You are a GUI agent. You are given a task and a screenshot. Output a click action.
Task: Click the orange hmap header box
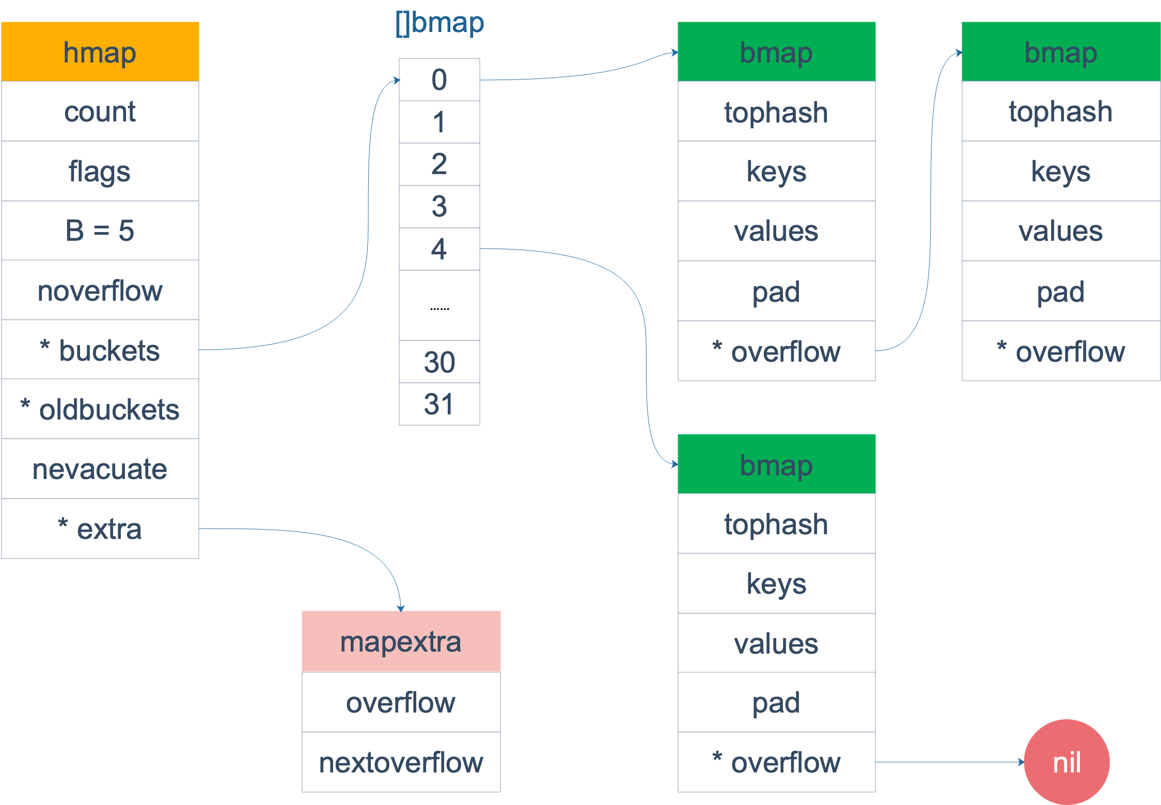pyautogui.click(x=100, y=52)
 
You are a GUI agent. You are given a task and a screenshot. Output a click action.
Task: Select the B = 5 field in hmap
pyautogui.click(x=100, y=230)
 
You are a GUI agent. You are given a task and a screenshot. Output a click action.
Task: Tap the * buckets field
pyautogui.click(x=100, y=350)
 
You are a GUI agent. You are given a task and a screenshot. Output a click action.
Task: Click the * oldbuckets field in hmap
pyautogui.click(x=100, y=409)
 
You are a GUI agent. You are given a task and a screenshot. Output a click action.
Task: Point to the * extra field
pyautogui.click(x=100, y=529)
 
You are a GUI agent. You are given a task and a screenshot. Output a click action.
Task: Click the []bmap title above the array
pyautogui.click(x=440, y=23)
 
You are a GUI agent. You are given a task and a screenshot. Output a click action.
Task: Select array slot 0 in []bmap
pyautogui.click(x=440, y=80)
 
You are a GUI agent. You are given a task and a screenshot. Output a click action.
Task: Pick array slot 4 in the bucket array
pyautogui.click(x=440, y=249)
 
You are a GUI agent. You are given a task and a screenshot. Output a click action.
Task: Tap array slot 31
pyautogui.click(x=440, y=404)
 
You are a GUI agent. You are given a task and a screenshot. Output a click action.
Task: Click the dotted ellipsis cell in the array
pyautogui.click(x=440, y=306)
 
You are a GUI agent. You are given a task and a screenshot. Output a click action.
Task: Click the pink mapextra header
pyautogui.click(x=401, y=641)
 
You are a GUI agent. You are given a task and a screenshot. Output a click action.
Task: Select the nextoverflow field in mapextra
pyautogui.click(x=401, y=762)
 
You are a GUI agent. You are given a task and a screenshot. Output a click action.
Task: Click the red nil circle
pyautogui.click(x=1067, y=762)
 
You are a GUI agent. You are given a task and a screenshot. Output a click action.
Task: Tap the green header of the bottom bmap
pyautogui.click(x=776, y=464)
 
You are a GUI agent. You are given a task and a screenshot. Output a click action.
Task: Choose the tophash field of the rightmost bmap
pyautogui.click(x=1061, y=111)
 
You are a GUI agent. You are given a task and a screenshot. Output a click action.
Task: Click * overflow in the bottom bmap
pyautogui.click(x=776, y=762)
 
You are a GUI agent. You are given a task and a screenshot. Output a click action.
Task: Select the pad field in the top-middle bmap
pyautogui.click(x=776, y=291)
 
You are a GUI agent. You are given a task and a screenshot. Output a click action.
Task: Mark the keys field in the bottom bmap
pyautogui.click(x=776, y=583)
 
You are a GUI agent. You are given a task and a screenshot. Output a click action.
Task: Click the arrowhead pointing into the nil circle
pyautogui.click(x=1022, y=762)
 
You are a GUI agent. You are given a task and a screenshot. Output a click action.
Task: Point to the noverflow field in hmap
pyautogui.click(x=100, y=290)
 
